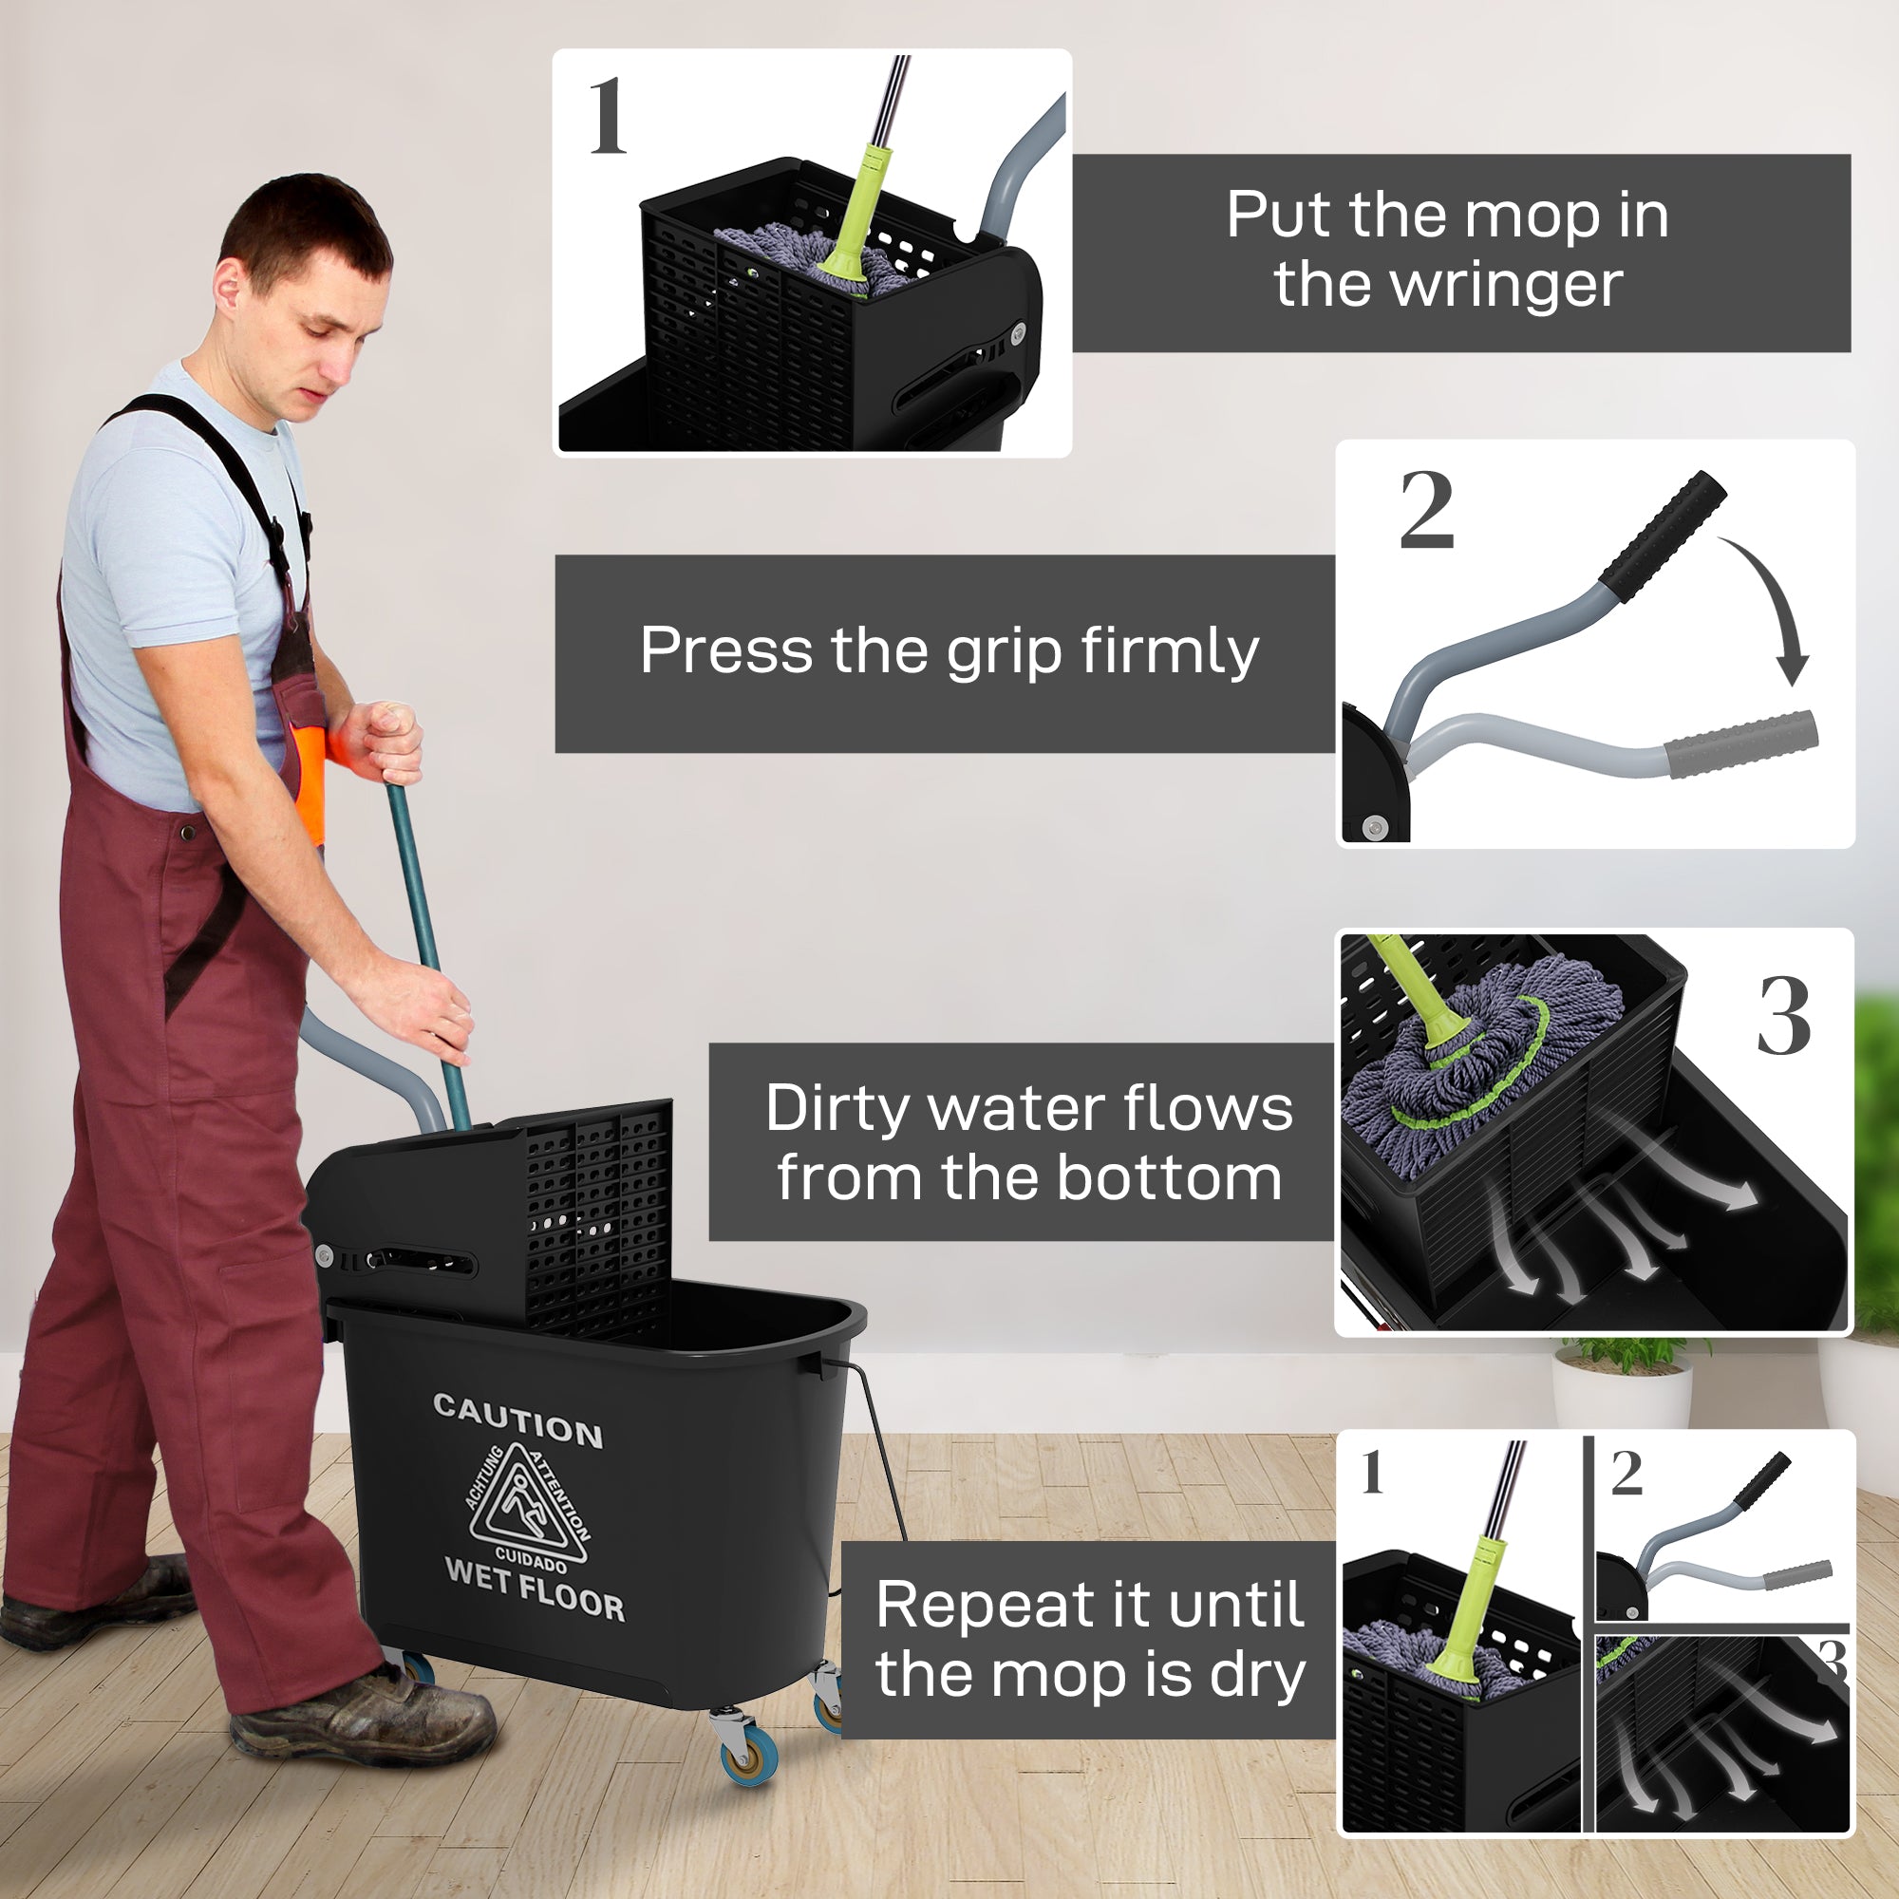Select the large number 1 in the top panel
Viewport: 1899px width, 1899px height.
(x=607, y=117)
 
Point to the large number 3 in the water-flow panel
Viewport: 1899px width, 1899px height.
(x=1783, y=1017)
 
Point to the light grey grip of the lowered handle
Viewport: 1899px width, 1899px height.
(x=1739, y=744)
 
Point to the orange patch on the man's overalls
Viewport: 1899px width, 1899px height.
(x=310, y=777)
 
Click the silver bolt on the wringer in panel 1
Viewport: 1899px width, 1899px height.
(x=1017, y=333)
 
